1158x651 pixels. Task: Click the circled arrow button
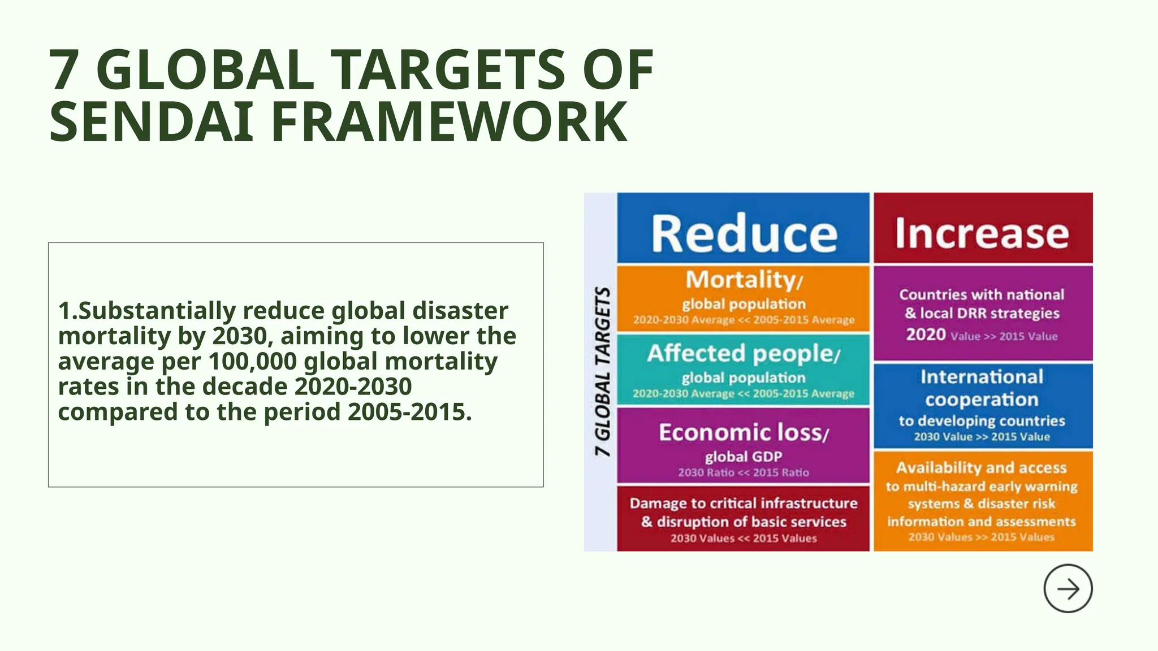point(1068,588)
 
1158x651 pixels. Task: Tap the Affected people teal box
point(743,368)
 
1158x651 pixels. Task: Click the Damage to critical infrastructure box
point(743,519)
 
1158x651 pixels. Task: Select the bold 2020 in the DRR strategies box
point(926,335)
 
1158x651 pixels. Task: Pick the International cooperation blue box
point(983,405)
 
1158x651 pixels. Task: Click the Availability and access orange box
point(983,501)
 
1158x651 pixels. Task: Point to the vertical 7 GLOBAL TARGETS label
point(602,371)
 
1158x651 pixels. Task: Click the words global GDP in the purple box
point(743,457)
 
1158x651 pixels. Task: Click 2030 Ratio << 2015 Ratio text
point(743,472)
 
